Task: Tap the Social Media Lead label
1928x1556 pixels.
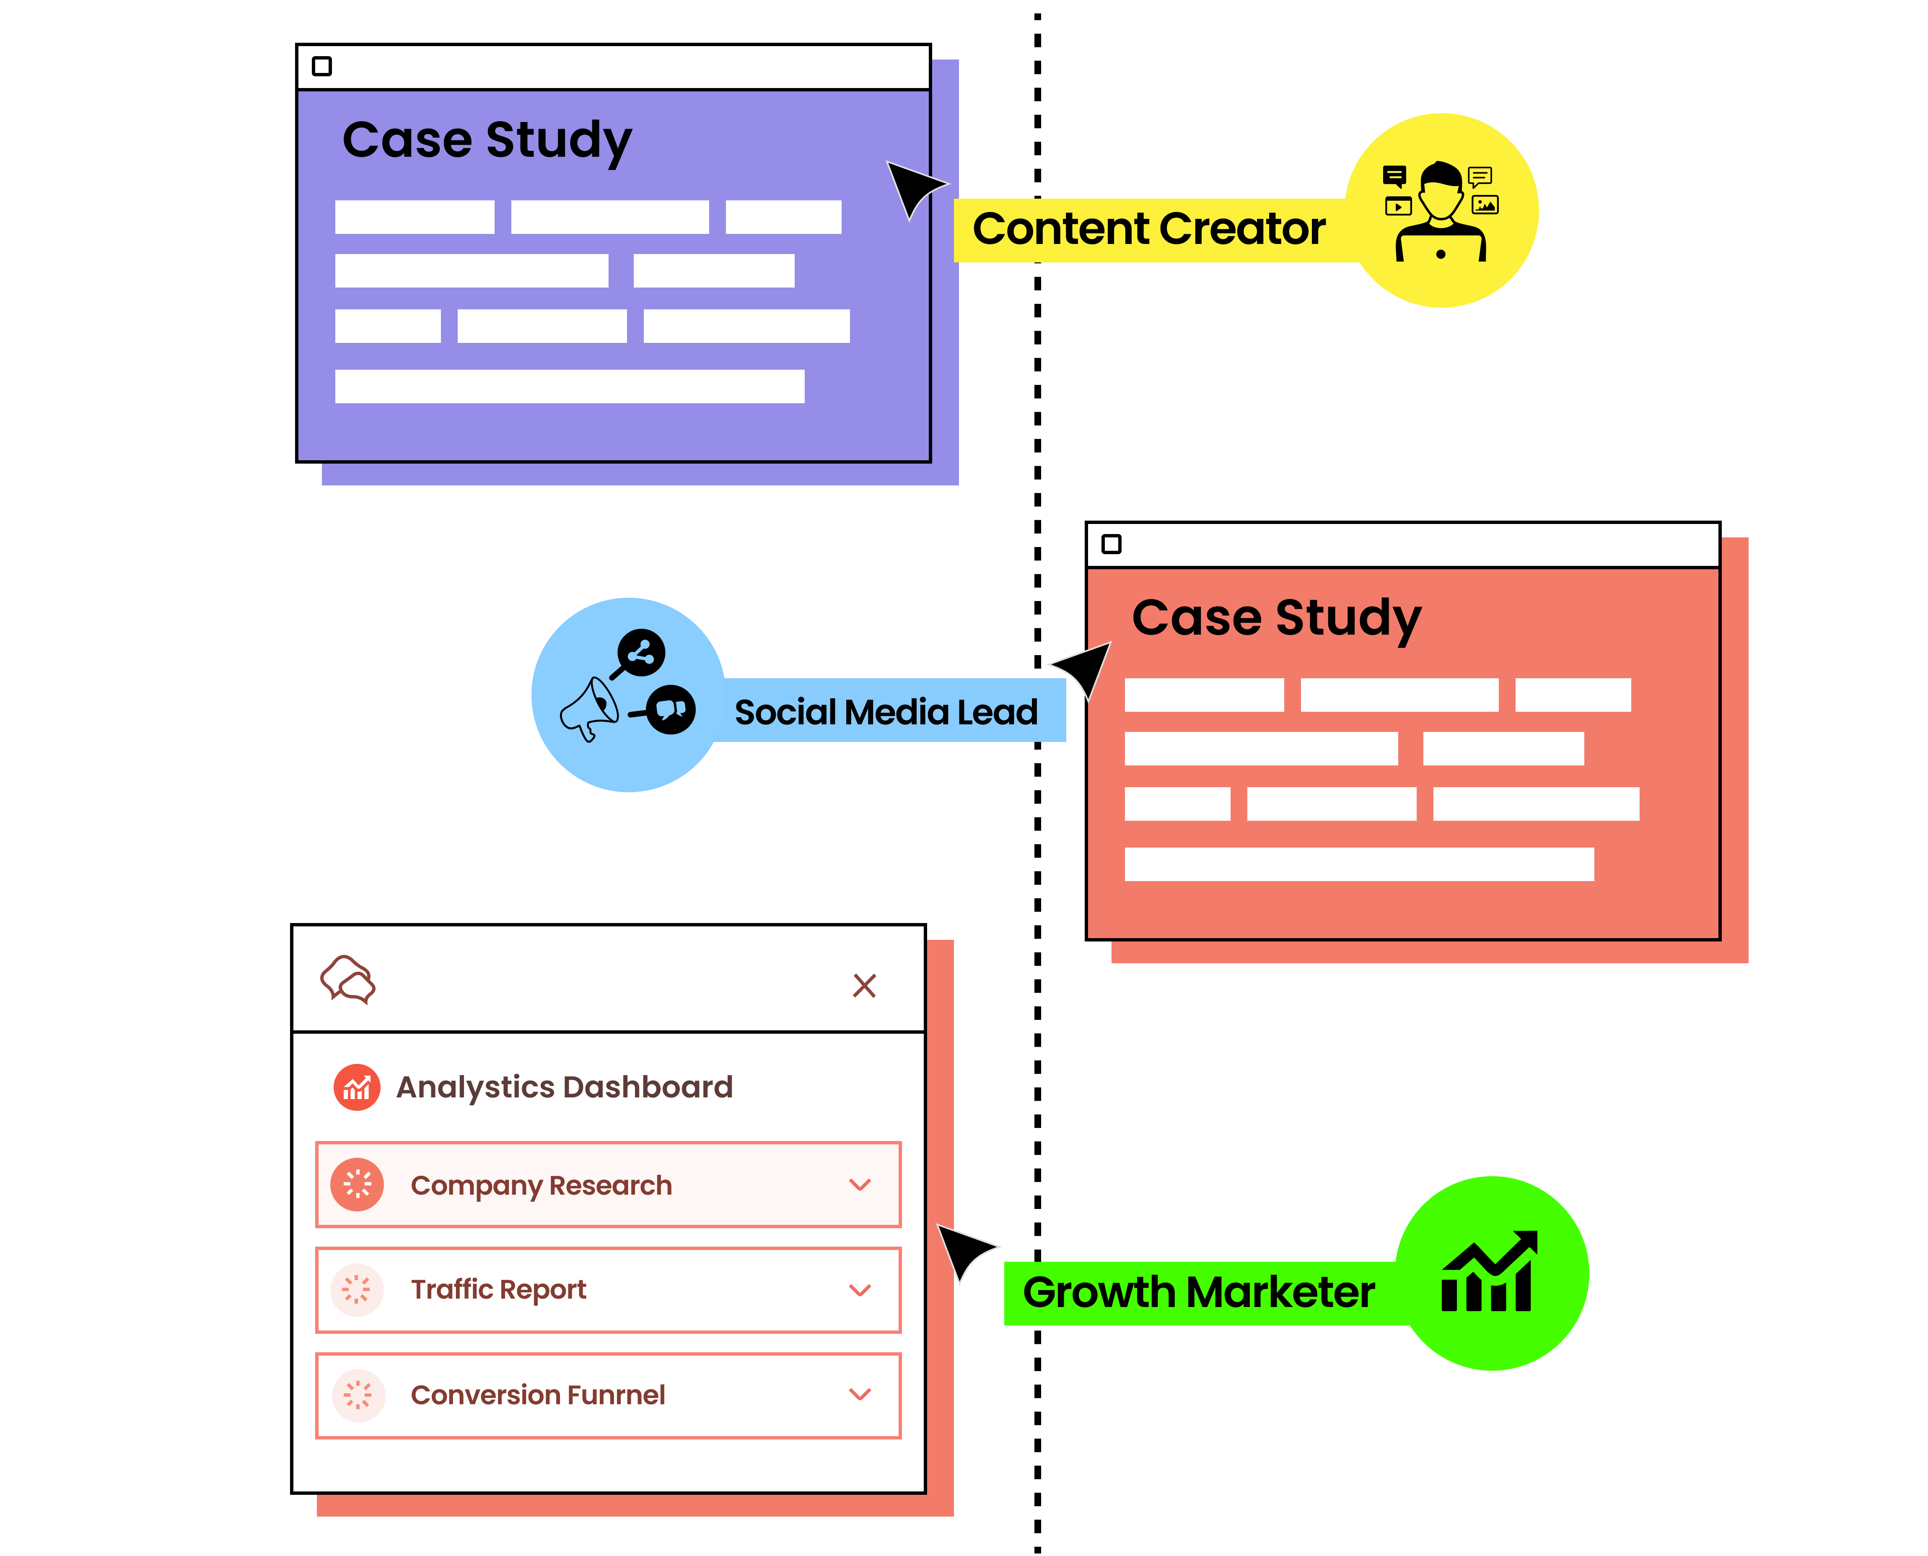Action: [886, 712]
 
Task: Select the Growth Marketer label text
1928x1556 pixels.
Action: [1198, 1292]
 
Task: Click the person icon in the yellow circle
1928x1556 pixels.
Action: [1441, 212]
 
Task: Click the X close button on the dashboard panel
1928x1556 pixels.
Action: [864, 985]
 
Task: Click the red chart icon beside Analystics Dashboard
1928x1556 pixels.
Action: [357, 1087]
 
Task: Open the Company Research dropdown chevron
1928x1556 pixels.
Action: [860, 1185]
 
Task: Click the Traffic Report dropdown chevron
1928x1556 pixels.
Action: [860, 1290]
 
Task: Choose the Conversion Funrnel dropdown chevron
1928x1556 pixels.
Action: [860, 1394]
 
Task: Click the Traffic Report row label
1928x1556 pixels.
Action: [498, 1290]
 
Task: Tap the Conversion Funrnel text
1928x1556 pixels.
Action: [538, 1395]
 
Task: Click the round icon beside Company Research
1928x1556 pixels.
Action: [357, 1185]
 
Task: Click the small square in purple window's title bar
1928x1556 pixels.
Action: [322, 66]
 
